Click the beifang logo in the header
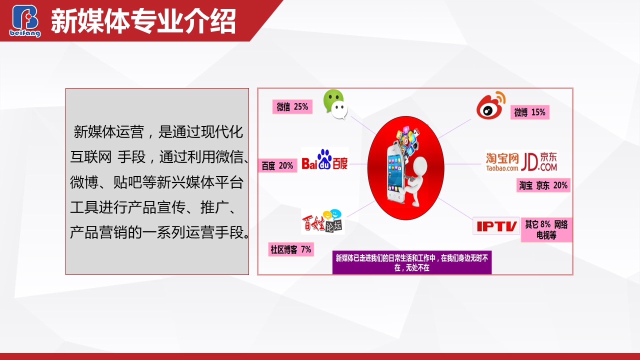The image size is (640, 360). (x=25, y=21)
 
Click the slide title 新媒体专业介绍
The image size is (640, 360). (x=143, y=21)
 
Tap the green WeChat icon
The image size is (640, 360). (x=335, y=104)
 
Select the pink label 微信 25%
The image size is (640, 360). (x=292, y=107)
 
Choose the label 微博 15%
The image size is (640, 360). (x=529, y=112)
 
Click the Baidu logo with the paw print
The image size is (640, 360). (x=325, y=159)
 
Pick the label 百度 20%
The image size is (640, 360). (x=277, y=165)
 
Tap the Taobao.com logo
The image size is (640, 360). (x=502, y=162)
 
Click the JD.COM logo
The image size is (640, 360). (x=539, y=161)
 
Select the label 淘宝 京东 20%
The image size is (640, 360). (x=543, y=185)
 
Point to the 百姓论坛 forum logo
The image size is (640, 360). (x=323, y=222)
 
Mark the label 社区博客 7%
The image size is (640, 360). (x=291, y=249)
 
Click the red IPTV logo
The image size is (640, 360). (x=496, y=226)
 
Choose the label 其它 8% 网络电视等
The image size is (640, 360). (x=546, y=229)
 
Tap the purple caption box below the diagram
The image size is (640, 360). (x=411, y=262)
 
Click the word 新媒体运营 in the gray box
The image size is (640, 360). (x=108, y=132)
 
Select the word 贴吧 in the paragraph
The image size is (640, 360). (x=127, y=182)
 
